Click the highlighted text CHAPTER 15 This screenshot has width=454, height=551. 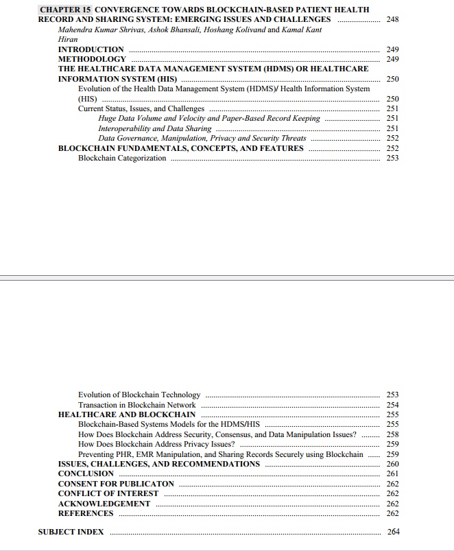(66, 10)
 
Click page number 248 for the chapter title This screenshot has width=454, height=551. (392, 19)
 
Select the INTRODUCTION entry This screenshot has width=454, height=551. (91, 49)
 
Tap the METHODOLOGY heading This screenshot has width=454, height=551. (92, 59)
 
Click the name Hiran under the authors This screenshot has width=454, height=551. (68, 39)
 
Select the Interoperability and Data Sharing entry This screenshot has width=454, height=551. (154, 128)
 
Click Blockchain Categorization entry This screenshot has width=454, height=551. (122, 158)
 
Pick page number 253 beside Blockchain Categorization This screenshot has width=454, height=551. (392, 158)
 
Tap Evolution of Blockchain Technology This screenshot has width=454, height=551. (139, 395)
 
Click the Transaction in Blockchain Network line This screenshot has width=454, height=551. (136, 405)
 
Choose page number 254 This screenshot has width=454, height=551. (392, 405)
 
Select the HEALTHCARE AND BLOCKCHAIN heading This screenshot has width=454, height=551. (126, 414)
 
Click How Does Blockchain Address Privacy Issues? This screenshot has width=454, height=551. (156, 444)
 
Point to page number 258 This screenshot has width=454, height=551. (392, 434)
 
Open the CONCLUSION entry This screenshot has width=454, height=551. (86, 473)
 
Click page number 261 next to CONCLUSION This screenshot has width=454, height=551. (392, 473)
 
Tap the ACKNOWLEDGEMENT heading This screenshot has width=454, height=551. (104, 504)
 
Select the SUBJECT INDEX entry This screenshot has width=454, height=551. (71, 532)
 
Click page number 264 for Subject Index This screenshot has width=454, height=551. (393, 532)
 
